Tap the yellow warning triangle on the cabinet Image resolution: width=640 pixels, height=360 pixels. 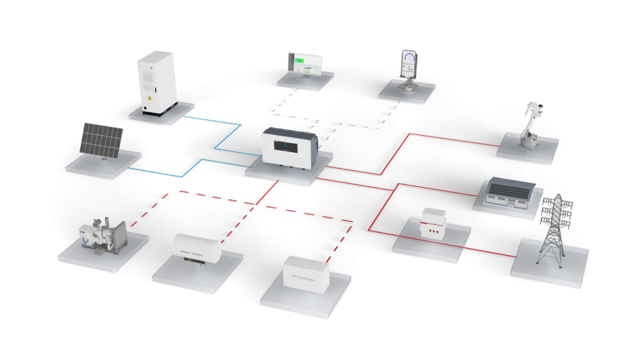pyautogui.click(x=149, y=100)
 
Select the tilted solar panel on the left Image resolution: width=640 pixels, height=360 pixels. pyautogui.click(x=101, y=139)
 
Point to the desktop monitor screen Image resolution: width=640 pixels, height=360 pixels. pyautogui.click(x=306, y=63)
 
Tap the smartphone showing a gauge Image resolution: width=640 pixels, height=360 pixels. pyautogui.click(x=408, y=63)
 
